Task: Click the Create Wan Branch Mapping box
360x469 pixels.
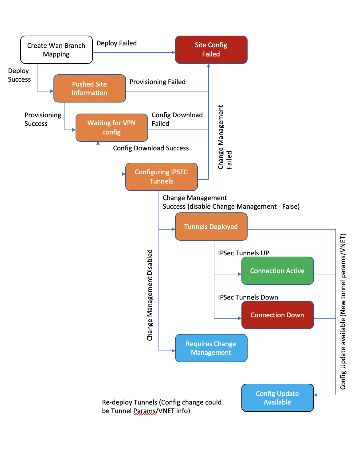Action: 56,49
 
